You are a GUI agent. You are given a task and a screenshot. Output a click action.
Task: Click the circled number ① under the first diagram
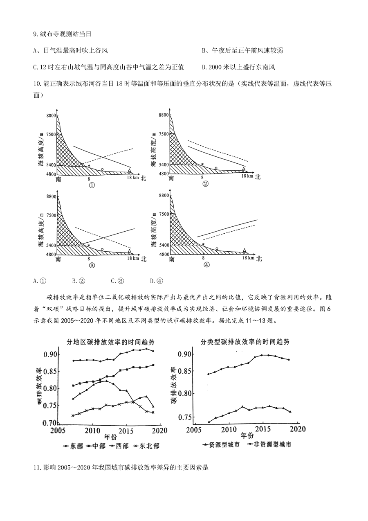(92, 185)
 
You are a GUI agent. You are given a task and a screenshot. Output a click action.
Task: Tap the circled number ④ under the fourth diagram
(206, 265)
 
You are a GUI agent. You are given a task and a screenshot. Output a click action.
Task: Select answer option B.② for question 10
(79, 281)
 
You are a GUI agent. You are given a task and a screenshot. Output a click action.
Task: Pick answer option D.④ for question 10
(157, 281)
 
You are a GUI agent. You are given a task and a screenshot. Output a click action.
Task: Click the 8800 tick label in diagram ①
(51, 115)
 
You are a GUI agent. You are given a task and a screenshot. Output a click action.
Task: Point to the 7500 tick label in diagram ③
(51, 215)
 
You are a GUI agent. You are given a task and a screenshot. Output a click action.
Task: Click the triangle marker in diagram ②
(243, 169)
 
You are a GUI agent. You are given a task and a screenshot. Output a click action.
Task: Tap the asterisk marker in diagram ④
(204, 244)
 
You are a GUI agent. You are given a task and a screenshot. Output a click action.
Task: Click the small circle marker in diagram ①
(102, 169)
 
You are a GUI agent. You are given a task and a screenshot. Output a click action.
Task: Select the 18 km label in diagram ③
(133, 258)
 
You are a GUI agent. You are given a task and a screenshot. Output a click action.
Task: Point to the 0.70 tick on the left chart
(49, 423)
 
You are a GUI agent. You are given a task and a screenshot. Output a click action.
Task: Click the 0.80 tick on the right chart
(185, 393)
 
